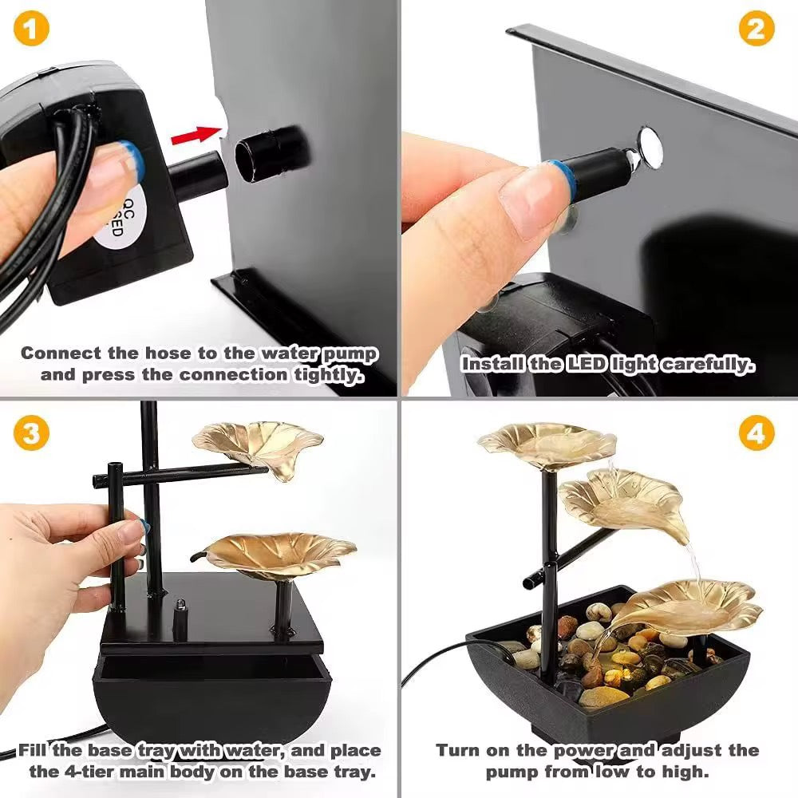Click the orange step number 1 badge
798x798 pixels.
[x=32, y=29]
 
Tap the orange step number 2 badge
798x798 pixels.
[x=756, y=29]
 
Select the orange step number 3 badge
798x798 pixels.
[x=32, y=433]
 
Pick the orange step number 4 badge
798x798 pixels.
[x=756, y=433]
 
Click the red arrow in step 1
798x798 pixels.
[x=196, y=136]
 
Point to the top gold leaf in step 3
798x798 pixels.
[x=258, y=447]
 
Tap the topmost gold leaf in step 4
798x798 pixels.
[x=547, y=444]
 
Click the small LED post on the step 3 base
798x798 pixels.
[x=179, y=618]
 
